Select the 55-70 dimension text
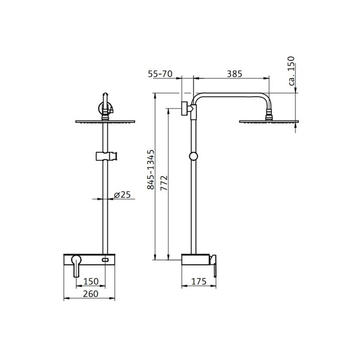coord(161,74)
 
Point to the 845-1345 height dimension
coord(150,169)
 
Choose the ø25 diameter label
coord(122,196)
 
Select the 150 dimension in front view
coord(91,281)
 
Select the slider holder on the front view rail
coord(107,156)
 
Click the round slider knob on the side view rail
coord(194,156)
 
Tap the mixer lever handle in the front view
coord(76,265)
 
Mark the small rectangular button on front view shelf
coord(106,260)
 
